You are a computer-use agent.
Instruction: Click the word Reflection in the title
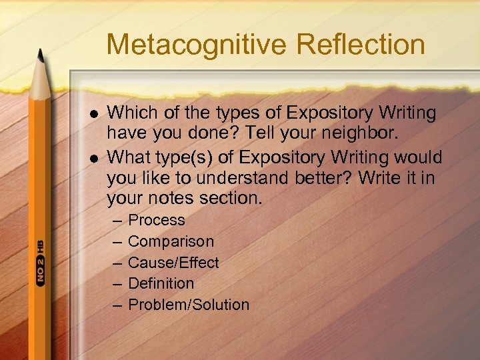click(x=361, y=45)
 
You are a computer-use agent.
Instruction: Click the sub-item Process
click(x=156, y=221)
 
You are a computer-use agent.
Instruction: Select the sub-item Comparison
click(x=171, y=242)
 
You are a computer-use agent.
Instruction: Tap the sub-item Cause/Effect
click(x=173, y=263)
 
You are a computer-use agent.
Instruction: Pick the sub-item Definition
click(x=161, y=284)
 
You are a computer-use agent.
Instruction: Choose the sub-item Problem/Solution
click(x=188, y=305)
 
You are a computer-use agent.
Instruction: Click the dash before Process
click(x=117, y=221)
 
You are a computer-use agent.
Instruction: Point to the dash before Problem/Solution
click(x=117, y=305)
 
